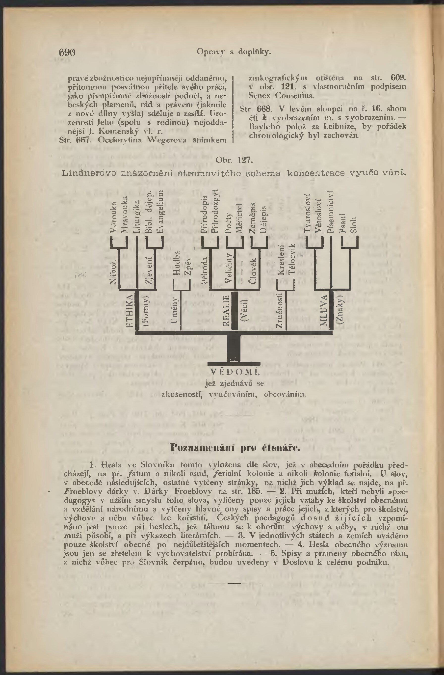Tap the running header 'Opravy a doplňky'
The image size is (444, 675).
(x=234, y=52)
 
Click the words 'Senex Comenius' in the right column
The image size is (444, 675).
(x=281, y=96)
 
